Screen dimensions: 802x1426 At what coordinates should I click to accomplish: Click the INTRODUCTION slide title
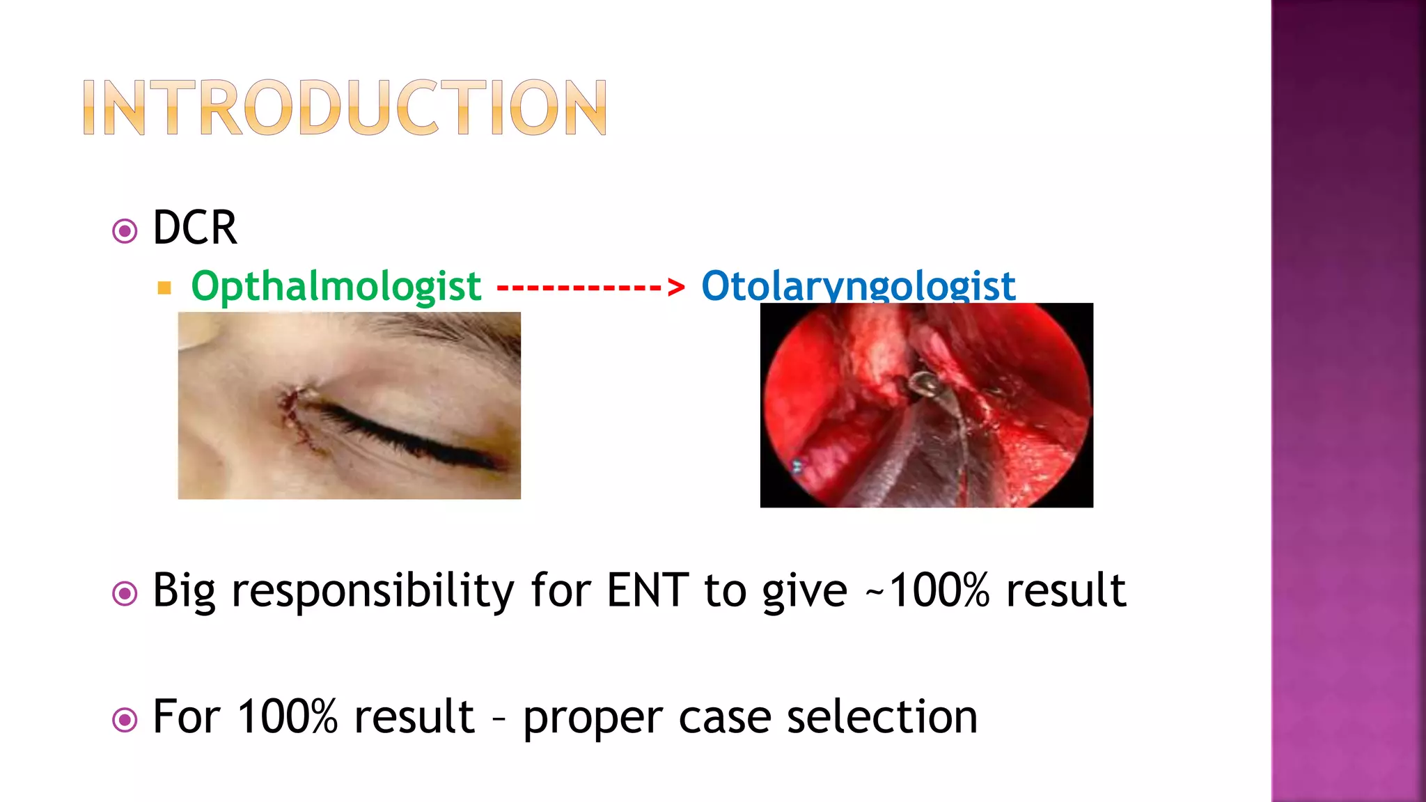pyautogui.click(x=345, y=107)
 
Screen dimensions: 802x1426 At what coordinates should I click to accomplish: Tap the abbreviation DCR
pyautogui.click(x=194, y=228)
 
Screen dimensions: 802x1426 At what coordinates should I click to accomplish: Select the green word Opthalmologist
pyautogui.click(x=336, y=286)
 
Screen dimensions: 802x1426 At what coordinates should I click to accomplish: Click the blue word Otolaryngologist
pyautogui.click(x=858, y=285)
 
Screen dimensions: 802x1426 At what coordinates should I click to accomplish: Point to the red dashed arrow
pyautogui.click(x=590, y=286)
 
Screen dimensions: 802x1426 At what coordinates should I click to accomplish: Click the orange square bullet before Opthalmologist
pyautogui.click(x=164, y=288)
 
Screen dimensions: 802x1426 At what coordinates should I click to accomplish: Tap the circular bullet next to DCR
pyautogui.click(x=125, y=230)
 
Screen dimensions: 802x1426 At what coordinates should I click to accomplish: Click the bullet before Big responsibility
pyautogui.click(x=125, y=594)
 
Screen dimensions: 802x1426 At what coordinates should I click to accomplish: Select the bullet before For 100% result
pyautogui.click(x=125, y=720)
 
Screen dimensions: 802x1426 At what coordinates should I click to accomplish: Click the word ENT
pyautogui.click(x=648, y=590)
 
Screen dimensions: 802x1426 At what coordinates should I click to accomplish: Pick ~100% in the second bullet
pyautogui.click(x=927, y=590)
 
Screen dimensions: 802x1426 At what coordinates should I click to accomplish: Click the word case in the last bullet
pyautogui.click(x=725, y=718)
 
